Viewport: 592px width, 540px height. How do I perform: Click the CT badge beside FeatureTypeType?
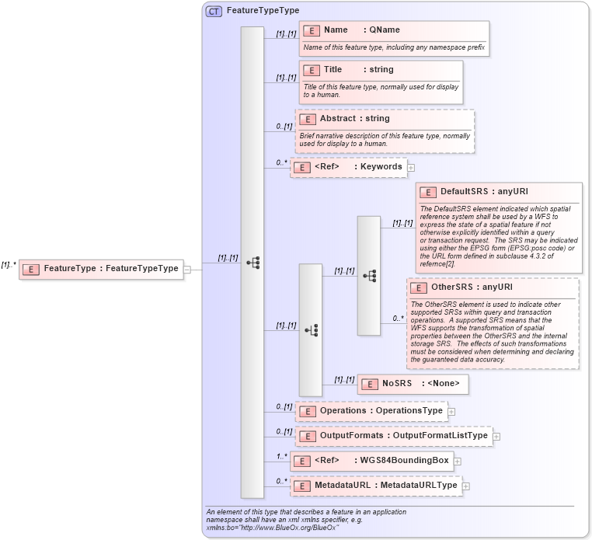pos(214,11)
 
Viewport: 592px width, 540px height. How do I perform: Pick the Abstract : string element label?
pos(354,119)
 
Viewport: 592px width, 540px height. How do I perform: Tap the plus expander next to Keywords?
pos(411,167)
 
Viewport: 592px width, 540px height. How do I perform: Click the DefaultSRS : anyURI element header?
pos(473,192)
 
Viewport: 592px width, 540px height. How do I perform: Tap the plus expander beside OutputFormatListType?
pos(496,437)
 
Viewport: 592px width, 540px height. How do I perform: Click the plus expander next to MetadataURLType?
pos(466,486)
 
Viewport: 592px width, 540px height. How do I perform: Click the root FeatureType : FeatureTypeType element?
pos(101,269)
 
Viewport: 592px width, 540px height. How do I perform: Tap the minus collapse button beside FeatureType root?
pos(188,270)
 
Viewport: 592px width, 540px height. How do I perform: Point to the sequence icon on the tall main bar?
pos(252,263)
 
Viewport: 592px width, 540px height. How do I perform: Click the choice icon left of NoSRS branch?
pos(311,330)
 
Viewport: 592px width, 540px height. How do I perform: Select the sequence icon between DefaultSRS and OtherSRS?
pos(369,276)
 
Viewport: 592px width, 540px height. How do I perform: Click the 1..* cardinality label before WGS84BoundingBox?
pos(280,456)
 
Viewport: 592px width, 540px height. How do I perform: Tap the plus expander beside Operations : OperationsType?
pos(451,412)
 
